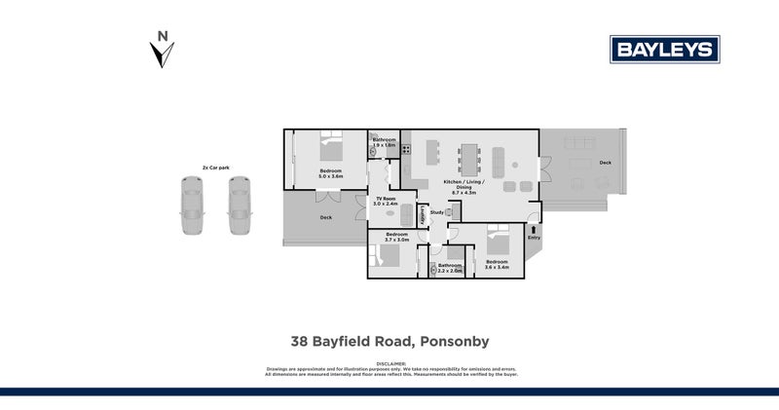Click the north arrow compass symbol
click(162, 51)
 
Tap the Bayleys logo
click(664, 49)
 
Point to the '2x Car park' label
click(215, 168)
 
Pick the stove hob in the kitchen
click(408, 150)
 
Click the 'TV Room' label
click(386, 202)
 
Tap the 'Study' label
click(436, 211)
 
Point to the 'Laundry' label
click(422, 217)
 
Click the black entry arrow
click(534, 228)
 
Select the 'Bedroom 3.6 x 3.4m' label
click(498, 264)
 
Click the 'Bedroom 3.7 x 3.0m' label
click(396, 237)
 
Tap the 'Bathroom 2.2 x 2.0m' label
click(449, 268)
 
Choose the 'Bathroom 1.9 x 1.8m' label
click(384, 142)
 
